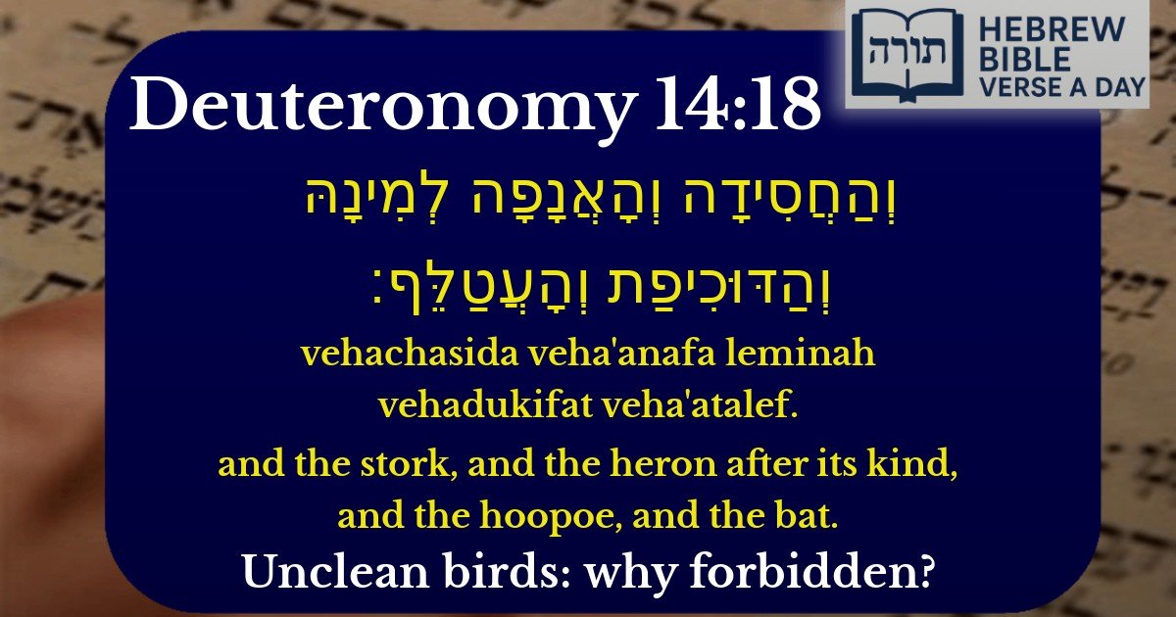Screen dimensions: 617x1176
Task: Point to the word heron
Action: point(613,465)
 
